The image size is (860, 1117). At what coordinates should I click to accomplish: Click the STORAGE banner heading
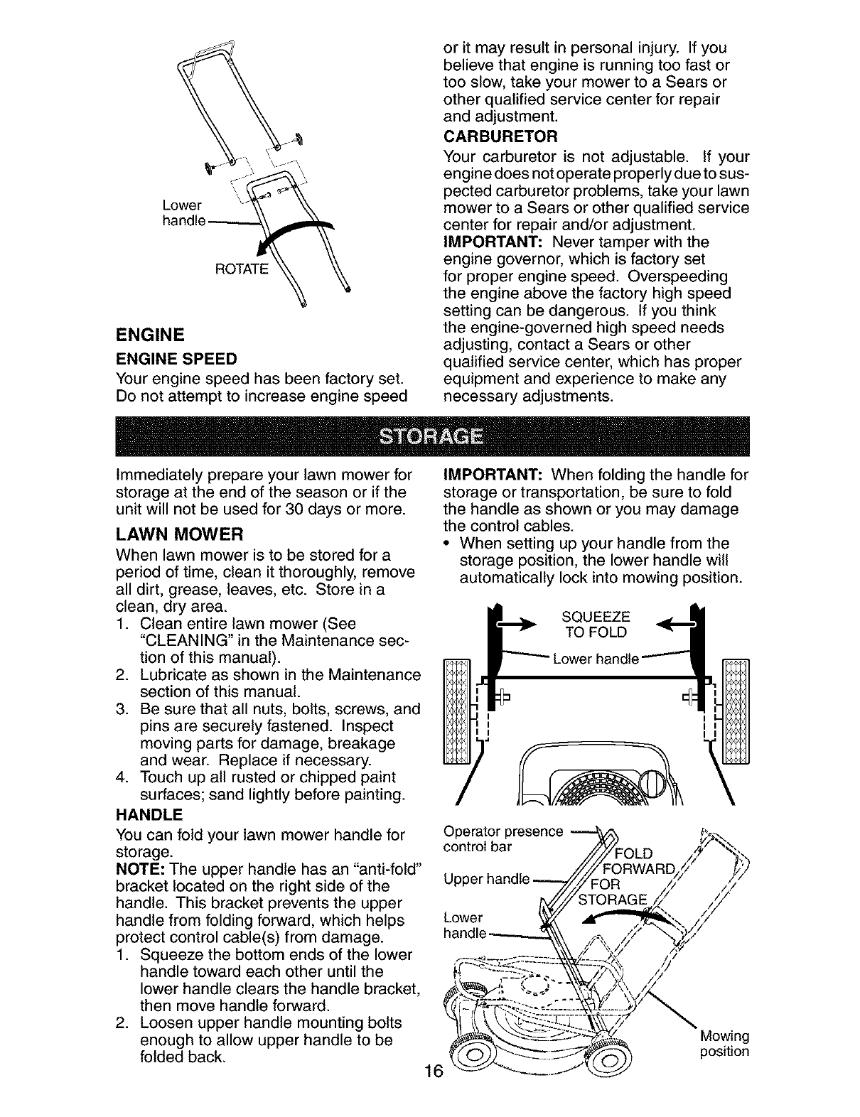[x=430, y=436]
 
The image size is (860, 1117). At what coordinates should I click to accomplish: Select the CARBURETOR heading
[x=500, y=136]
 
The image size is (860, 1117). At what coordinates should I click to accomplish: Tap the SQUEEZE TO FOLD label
[x=596, y=624]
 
